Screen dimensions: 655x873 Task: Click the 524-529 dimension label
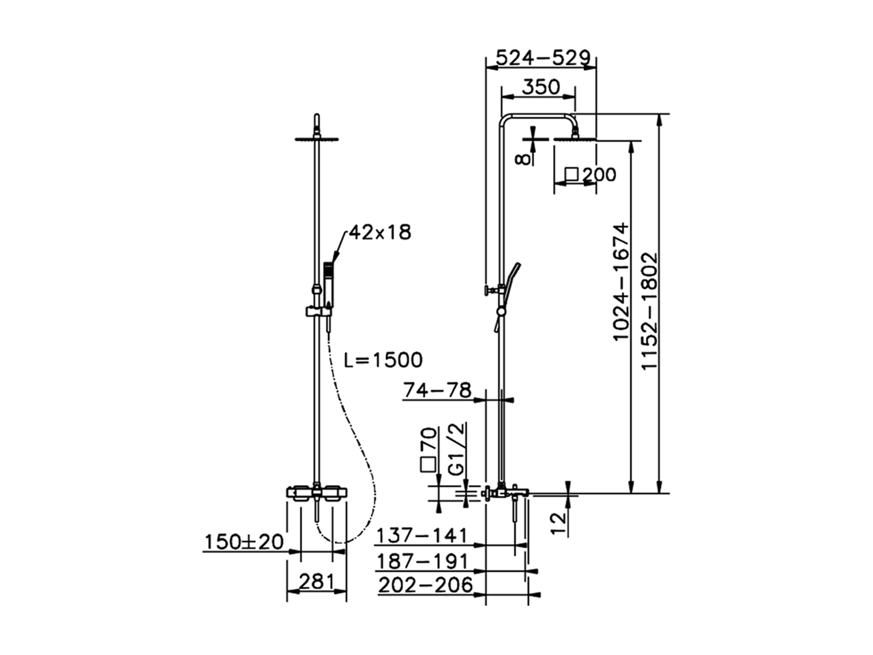542,57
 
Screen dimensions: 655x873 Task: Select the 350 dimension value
540,87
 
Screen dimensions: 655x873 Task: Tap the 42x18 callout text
380,232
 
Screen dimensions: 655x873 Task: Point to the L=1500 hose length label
383,360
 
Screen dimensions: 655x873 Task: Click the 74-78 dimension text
437,390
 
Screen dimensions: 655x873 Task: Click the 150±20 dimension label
244,542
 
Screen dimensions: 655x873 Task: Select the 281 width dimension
317,582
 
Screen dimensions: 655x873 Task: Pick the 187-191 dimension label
424,561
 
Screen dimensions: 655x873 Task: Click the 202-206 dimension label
425,585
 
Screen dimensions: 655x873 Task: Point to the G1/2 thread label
456,448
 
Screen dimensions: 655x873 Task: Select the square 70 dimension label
428,450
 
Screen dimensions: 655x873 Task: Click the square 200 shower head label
591,175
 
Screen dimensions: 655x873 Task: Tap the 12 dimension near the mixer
558,522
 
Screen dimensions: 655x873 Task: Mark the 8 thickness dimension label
522,158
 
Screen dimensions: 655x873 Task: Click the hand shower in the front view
329,280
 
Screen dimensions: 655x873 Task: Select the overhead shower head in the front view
317,140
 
